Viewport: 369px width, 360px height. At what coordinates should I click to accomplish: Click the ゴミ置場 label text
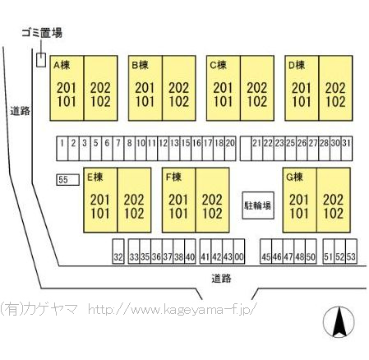coord(42,33)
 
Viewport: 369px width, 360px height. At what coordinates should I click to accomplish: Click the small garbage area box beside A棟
coord(41,60)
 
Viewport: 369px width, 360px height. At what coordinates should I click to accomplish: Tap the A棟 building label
coord(62,65)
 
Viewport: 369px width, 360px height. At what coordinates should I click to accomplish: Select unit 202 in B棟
coord(178,88)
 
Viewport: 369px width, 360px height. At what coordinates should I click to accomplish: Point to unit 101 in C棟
coord(223,101)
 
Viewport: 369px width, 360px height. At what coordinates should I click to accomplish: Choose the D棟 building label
coord(297,65)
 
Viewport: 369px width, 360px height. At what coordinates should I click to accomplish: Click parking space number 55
coord(68,180)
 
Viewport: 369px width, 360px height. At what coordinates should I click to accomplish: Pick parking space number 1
coord(62,148)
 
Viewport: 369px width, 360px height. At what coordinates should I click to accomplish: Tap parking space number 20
coord(230,148)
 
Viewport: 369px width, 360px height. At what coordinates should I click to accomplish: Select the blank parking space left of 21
coord(246,148)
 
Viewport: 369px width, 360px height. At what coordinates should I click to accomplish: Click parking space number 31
coord(347,148)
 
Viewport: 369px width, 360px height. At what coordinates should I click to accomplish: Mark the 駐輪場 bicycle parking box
coord(258,205)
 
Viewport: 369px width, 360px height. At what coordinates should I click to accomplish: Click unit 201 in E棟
coord(99,200)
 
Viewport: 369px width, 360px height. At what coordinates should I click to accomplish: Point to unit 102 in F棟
coord(212,213)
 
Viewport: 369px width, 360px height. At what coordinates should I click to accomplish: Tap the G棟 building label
coord(294,177)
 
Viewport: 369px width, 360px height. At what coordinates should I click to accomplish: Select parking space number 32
coord(118,252)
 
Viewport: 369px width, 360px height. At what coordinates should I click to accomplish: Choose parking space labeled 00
coord(239,252)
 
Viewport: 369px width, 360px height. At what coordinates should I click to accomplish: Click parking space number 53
coord(351,252)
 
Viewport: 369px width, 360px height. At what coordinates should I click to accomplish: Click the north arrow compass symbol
coord(339,322)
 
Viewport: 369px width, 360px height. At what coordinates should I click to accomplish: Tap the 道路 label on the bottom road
coord(221,279)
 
